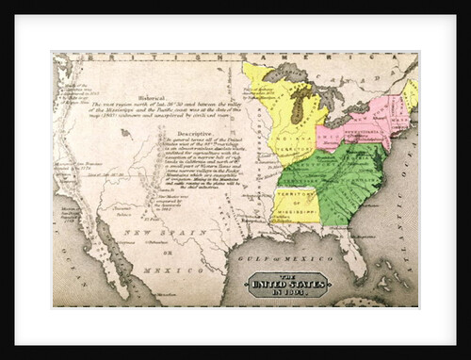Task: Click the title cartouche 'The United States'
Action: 287,283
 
